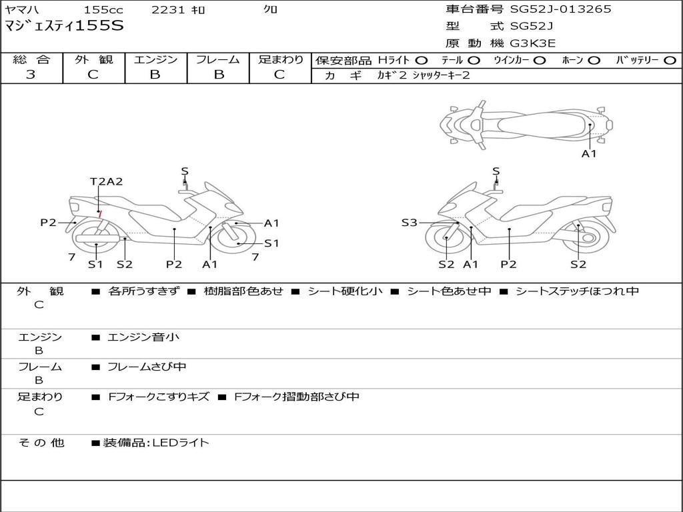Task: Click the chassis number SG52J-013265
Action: pyautogui.click(x=560, y=9)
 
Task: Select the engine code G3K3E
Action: pyautogui.click(x=533, y=43)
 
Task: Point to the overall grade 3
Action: pyautogui.click(x=31, y=75)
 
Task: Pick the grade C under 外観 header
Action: pyautogui.click(x=93, y=75)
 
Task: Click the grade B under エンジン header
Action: pyautogui.click(x=155, y=75)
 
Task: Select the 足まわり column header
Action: pyautogui.click(x=281, y=59)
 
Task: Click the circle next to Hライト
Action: pyautogui.click(x=422, y=61)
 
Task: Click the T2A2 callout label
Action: pyautogui.click(x=107, y=181)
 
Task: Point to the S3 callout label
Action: pyautogui.click(x=409, y=223)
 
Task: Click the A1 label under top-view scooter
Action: pyautogui.click(x=589, y=153)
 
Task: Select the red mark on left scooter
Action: pyautogui.click(x=99, y=213)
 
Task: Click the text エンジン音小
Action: pyautogui.click(x=143, y=337)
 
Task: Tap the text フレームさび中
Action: pyautogui.click(x=147, y=367)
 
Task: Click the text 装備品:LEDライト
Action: pyautogui.click(x=156, y=442)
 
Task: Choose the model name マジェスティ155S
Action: pyautogui.click(x=64, y=26)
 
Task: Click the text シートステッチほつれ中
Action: pyautogui.click(x=577, y=291)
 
